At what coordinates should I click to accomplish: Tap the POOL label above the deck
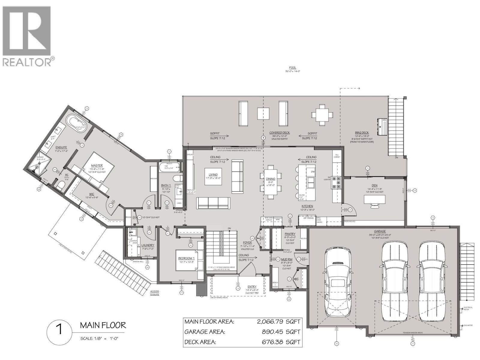pyautogui.click(x=292, y=68)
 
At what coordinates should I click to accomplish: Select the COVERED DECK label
pyautogui.click(x=279, y=133)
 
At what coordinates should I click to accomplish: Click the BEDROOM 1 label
pyautogui.click(x=186, y=258)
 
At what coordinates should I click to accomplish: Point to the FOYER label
pyautogui.click(x=247, y=243)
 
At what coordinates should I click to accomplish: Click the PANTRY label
pyautogui.click(x=290, y=234)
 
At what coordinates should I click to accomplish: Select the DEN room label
pyautogui.click(x=374, y=185)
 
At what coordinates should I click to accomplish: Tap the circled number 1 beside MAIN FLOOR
pyautogui.click(x=59, y=330)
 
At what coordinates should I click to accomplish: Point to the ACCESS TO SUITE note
pyautogui.click(x=154, y=293)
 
